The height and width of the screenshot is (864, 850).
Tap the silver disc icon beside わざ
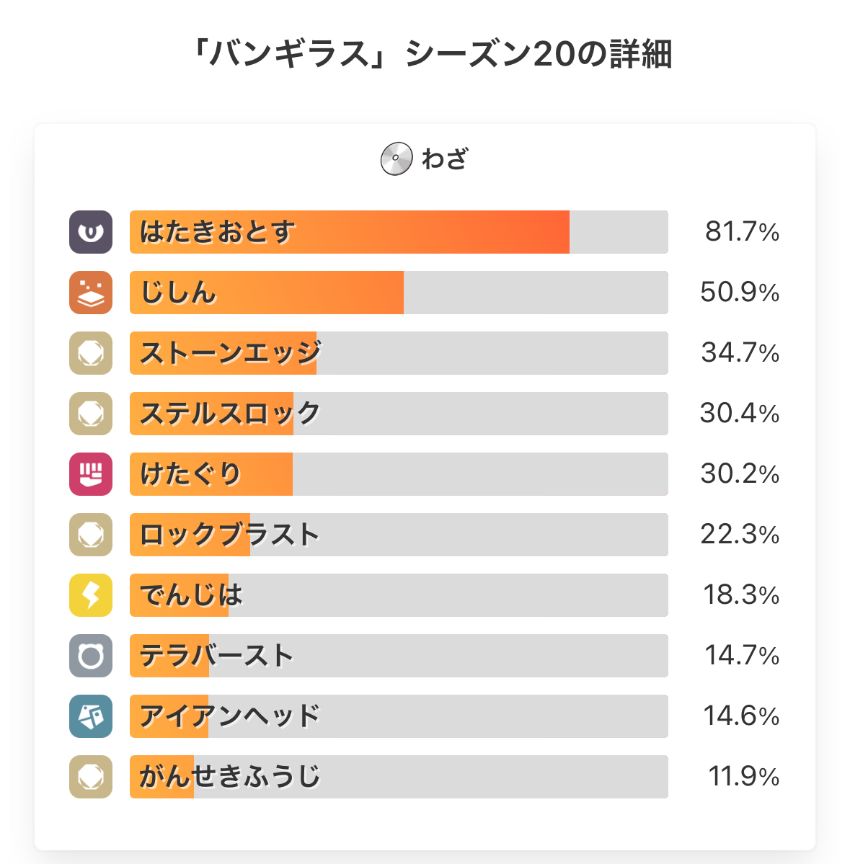pyautogui.click(x=396, y=159)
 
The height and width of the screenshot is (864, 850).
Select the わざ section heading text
pyautogui.click(x=445, y=159)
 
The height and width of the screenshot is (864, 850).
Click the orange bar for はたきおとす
pyautogui.click(x=350, y=232)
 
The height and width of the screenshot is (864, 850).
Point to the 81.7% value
pyautogui.click(x=742, y=232)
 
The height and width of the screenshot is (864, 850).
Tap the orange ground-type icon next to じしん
pyautogui.click(x=91, y=293)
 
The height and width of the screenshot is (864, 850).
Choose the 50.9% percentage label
pyautogui.click(x=740, y=293)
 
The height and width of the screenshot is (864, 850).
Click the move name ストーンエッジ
pyautogui.click(x=230, y=353)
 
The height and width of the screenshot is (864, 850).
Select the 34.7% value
pyautogui.click(x=740, y=353)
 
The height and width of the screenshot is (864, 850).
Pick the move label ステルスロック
pyautogui.click(x=230, y=414)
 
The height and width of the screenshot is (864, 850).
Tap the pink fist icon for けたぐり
pyautogui.click(x=91, y=474)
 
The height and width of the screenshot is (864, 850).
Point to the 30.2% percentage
pyautogui.click(x=740, y=474)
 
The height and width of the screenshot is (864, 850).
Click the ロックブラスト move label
pyautogui.click(x=230, y=535)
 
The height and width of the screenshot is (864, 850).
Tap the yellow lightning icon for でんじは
pyautogui.click(x=91, y=595)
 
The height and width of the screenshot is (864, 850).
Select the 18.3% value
pyautogui.click(x=741, y=595)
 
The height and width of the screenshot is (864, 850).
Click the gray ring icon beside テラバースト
pyautogui.click(x=91, y=656)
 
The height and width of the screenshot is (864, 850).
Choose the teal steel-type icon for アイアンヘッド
pyautogui.click(x=91, y=716)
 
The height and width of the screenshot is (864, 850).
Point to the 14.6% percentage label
pyautogui.click(x=741, y=716)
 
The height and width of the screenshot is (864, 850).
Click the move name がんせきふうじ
pyautogui.click(x=230, y=777)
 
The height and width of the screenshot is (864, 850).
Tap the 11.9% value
pyautogui.click(x=743, y=777)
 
